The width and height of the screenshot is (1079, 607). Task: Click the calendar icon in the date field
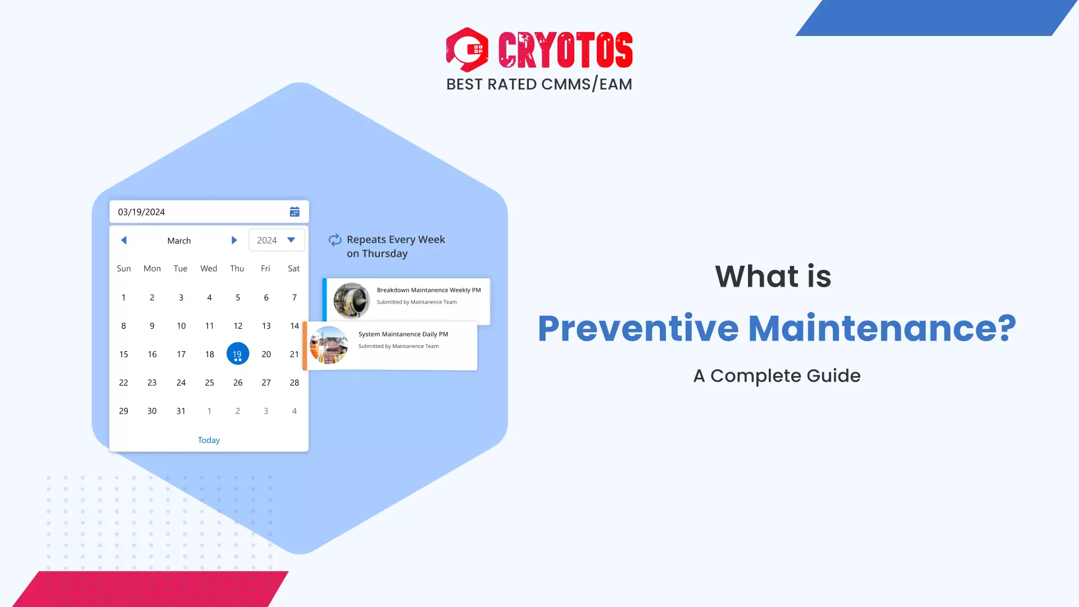click(x=294, y=212)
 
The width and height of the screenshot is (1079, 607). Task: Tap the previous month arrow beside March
click(x=124, y=241)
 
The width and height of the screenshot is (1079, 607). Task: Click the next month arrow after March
click(x=234, y=241)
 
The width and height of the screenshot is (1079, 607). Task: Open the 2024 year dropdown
click(x=276, y=241)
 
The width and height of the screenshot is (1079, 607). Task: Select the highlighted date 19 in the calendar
click(x=238, y=354)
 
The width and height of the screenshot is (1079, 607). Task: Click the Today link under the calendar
click(x=208, y=440)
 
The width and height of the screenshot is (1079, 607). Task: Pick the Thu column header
click(x=237, y=269)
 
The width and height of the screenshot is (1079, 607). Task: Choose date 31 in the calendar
click(x=181, y=411)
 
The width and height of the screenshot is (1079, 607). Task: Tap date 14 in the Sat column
click(x=294, y=326)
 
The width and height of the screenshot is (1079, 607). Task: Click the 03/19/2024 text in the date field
click(x=142, y=212)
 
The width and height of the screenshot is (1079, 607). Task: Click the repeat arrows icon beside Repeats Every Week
click(x=335, y=240)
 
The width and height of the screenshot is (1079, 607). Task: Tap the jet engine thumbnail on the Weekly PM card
click(x=352, y=300)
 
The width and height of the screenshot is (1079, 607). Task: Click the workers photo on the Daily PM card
click(x=329, y=345)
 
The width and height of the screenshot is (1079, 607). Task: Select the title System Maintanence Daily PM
click(x=403, y=334)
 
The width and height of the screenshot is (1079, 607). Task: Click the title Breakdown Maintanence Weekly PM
click(x=428, y=290)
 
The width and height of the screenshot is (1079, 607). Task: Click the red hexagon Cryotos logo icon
click(x=467, y=49)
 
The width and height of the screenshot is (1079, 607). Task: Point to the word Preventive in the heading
click(x=638, y=328)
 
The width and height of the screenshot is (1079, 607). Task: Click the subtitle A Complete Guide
click(x=777, y=375)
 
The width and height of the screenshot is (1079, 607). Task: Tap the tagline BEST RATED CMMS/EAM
click(x=539, y=84)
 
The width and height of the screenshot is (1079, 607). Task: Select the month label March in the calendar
click(x=179, y=241)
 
